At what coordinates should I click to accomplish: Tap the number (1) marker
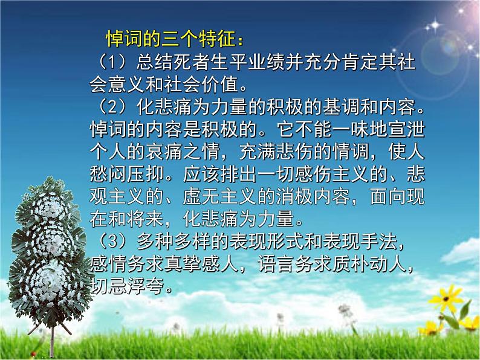(102, 62)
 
